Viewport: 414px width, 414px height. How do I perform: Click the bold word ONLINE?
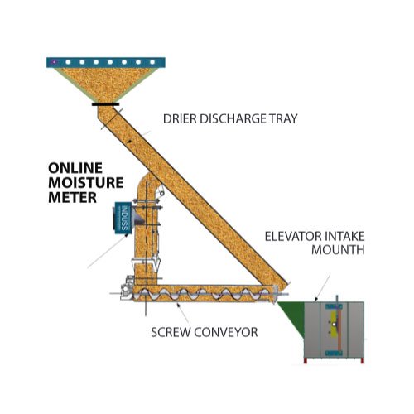coord(75,168)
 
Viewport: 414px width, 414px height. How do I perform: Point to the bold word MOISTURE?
coord(86,183)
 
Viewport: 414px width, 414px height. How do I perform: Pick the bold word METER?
coord(73,197)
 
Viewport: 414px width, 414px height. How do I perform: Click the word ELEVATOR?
coord(293,237)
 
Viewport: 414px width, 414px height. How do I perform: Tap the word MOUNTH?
coord(338,249)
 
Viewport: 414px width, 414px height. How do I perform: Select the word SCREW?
coord(171,332)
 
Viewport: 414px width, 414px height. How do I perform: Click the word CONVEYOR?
coord(226,332)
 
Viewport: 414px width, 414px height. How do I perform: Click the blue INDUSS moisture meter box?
coord(123,218)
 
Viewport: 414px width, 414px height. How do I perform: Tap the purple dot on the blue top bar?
coord(55,62)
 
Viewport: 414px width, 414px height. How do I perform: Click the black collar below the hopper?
coord(106,104)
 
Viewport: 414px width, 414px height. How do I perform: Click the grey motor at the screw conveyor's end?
coord(126,287)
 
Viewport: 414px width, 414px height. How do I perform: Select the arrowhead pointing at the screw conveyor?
coord(178,305)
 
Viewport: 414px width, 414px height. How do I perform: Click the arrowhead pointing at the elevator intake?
coord(316,299)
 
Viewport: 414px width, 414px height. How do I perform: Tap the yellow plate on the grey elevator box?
coord(333,325)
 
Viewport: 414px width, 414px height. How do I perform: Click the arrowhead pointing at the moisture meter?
coord(128,236)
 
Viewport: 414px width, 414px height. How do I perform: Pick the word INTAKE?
coord(345,237)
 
